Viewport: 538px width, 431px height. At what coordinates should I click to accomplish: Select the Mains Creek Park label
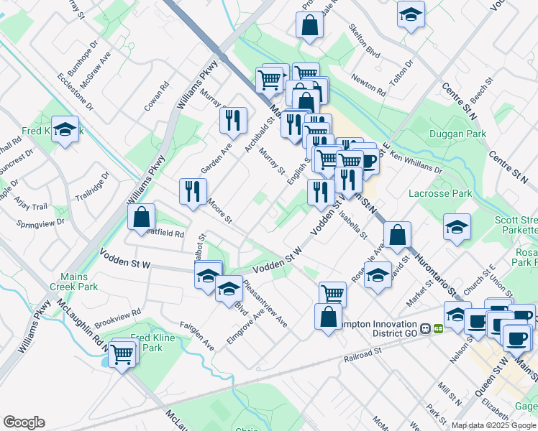coord(74,282)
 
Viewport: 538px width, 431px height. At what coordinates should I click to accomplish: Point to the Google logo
coord(24,422)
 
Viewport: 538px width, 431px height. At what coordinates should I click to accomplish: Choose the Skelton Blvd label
coord(363,43)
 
